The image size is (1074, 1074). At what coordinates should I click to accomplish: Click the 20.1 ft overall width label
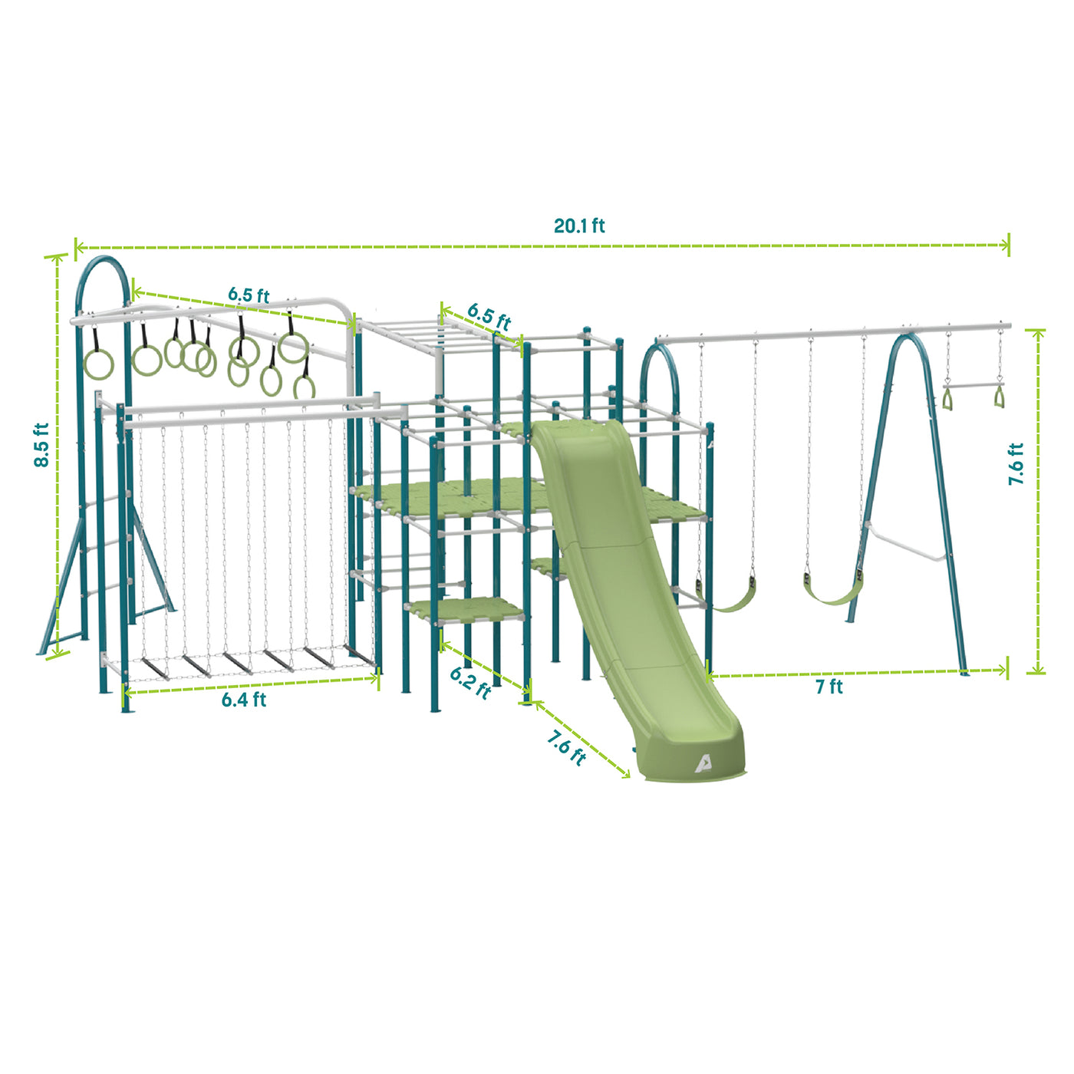pyautogui.click(x=579, y=226)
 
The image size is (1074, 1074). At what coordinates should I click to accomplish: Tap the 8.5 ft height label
pyautogui.click(x=41, y=444)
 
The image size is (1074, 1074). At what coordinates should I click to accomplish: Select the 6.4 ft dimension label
pyautogui.click(x=244, y=700)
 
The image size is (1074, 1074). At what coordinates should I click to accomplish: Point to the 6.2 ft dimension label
pyautogui.click(x=470, y=682)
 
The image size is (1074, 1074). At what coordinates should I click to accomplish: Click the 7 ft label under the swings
pyautogui.click(x=829, y=687)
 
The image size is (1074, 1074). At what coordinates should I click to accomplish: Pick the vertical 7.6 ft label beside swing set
pyautogui.click(x=1016, y=463)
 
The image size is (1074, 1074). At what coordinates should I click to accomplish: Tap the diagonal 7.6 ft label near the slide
pyautogui.click(x=566, y=747)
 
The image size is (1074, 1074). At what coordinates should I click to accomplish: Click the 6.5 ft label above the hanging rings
pyautogui.click(x=249, y=295)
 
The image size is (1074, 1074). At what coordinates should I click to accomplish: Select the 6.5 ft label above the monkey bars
pyautogui.click(x=489, y=316)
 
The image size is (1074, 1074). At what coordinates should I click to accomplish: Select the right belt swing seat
pyautogui.click(x=832, y=595)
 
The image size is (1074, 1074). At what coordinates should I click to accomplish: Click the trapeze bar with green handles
pyautogui.click(x=973, y=387)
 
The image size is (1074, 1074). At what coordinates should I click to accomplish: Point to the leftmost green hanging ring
pyautogui.click(x=98, y=364)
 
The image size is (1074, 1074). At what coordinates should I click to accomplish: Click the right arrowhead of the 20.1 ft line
pyautogui.click(x=1007, y=245)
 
